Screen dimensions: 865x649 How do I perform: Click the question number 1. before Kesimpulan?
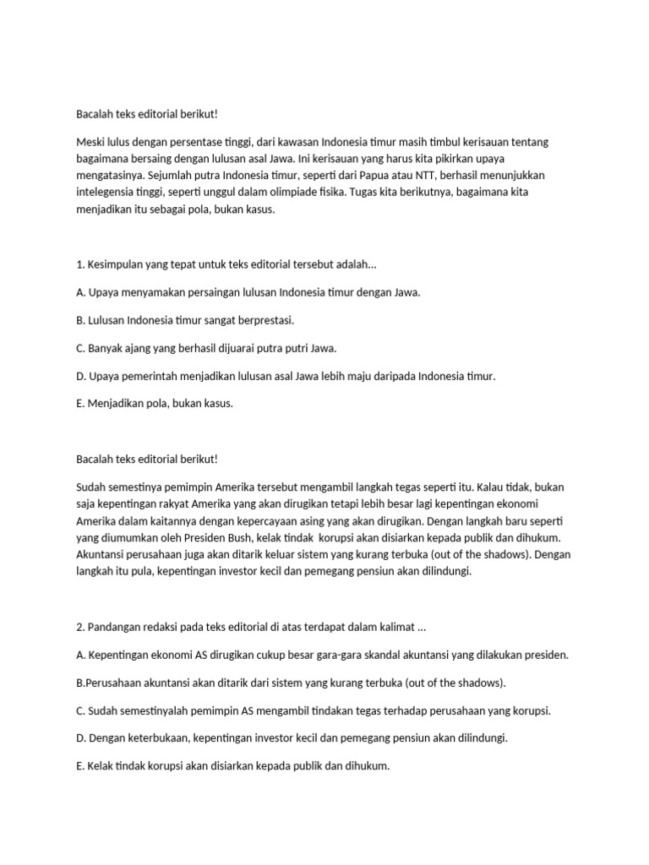(x=80, y=264)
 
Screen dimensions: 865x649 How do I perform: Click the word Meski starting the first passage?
(x=90, y=142)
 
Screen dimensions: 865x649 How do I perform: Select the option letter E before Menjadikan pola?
(x=80, y=404)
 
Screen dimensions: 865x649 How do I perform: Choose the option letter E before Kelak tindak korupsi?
(x=80, y=765)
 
